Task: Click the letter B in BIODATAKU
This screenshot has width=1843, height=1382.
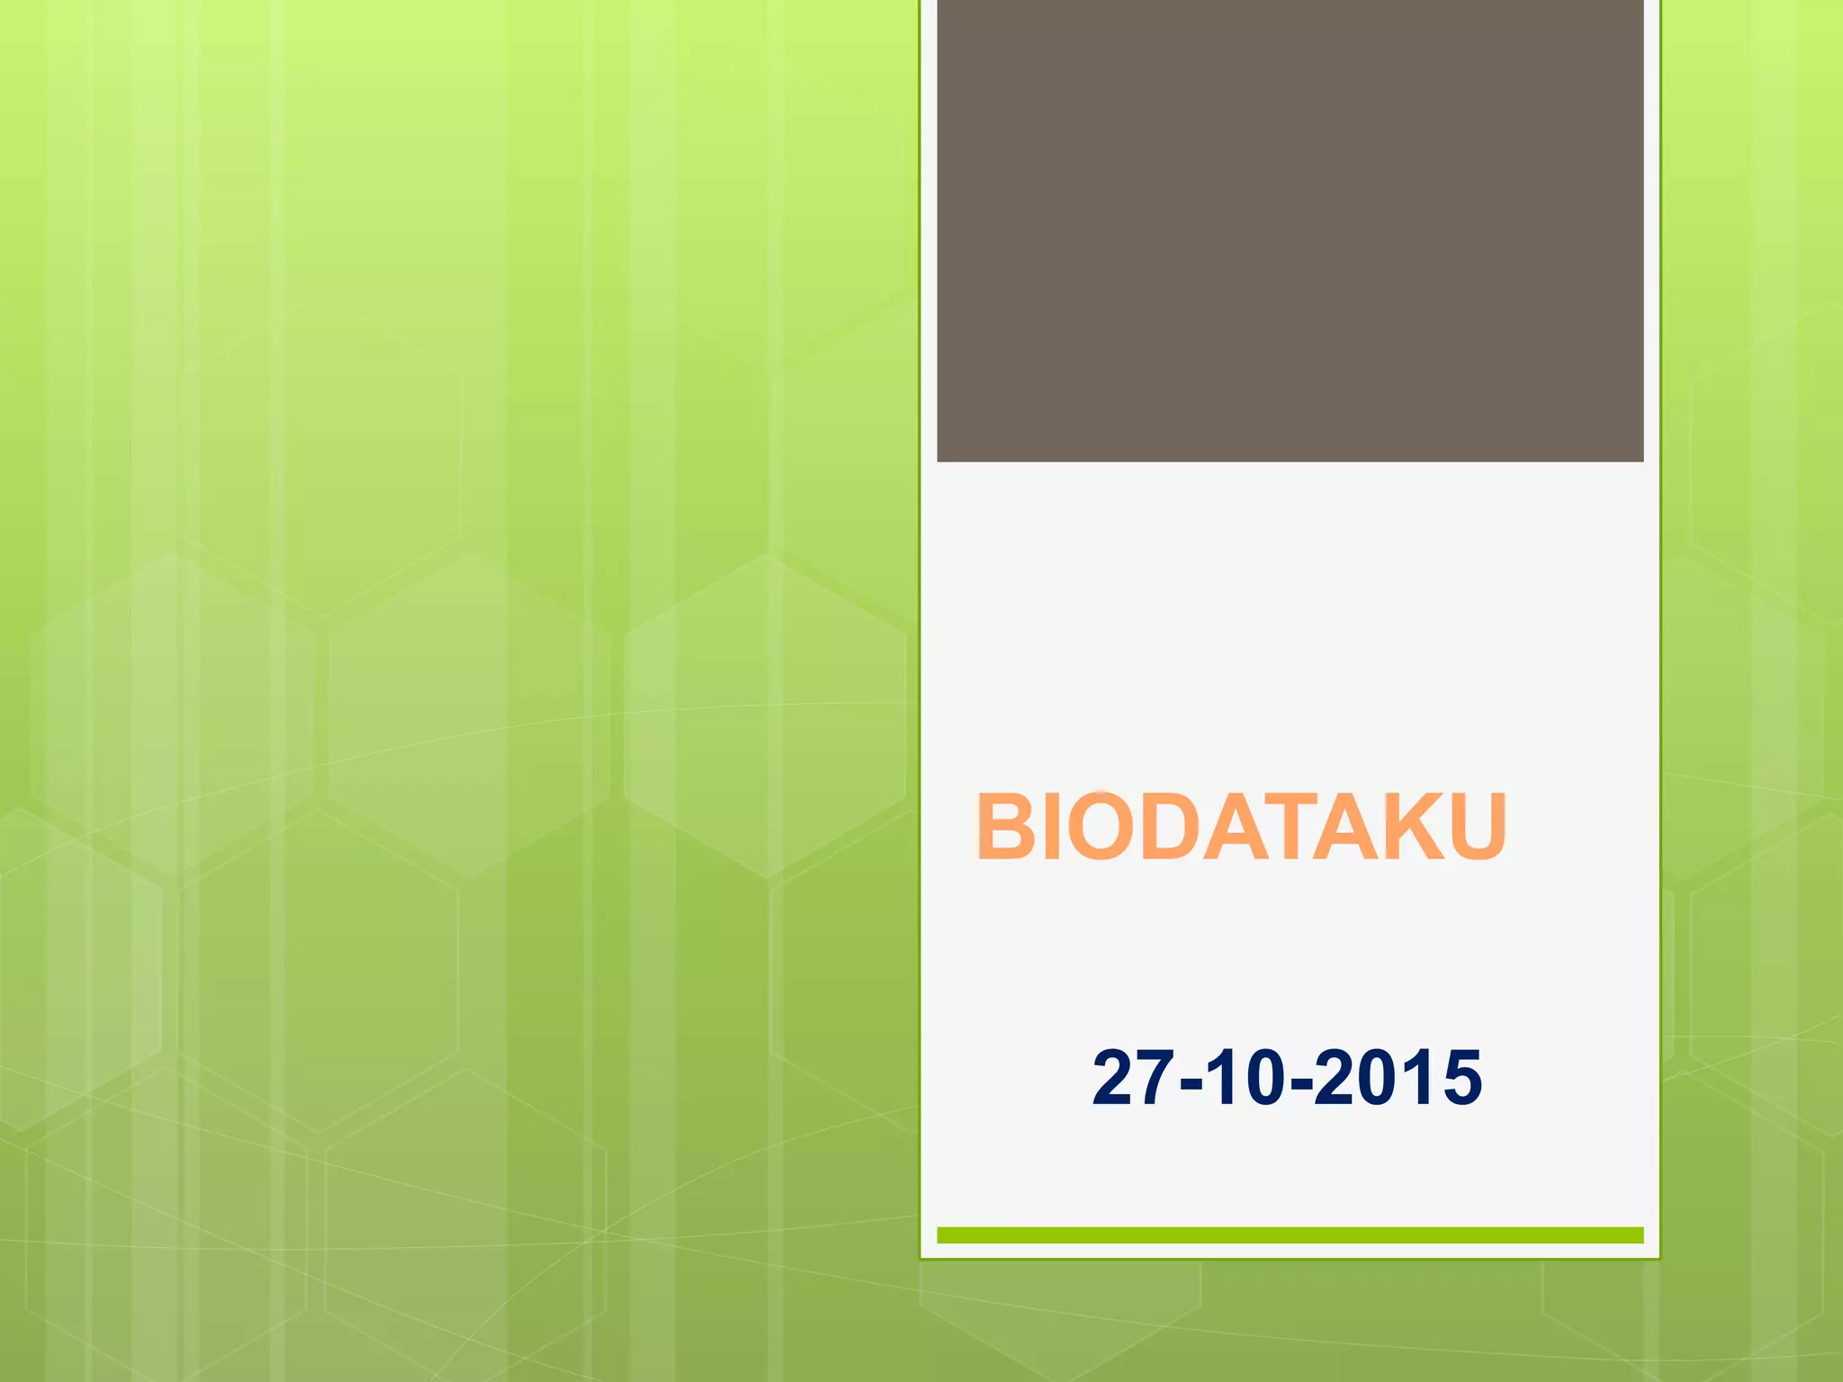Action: (1008, 827)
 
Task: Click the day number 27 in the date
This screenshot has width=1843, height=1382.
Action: (1130, 1077)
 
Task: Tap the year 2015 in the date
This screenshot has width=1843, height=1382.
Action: (1398, 1077)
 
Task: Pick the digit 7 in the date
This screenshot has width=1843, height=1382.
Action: (1154, 1077)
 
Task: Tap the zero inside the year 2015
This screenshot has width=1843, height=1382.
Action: (1374, 1077)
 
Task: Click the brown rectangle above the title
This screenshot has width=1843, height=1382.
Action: (1290, 230)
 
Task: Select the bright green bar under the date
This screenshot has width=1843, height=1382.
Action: (1290, 1234)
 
